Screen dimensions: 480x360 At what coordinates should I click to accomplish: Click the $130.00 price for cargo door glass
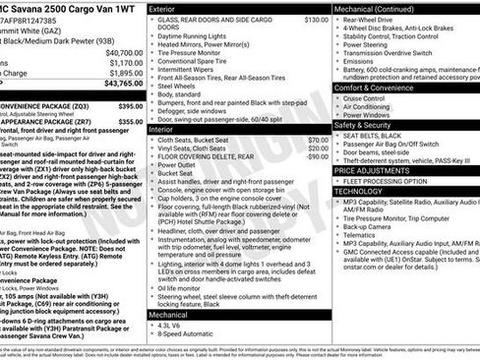tap(316, 20)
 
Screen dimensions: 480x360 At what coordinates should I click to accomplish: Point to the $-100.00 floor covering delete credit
tap(315, 154)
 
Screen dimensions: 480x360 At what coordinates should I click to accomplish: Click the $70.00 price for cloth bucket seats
tap(318, 140)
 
